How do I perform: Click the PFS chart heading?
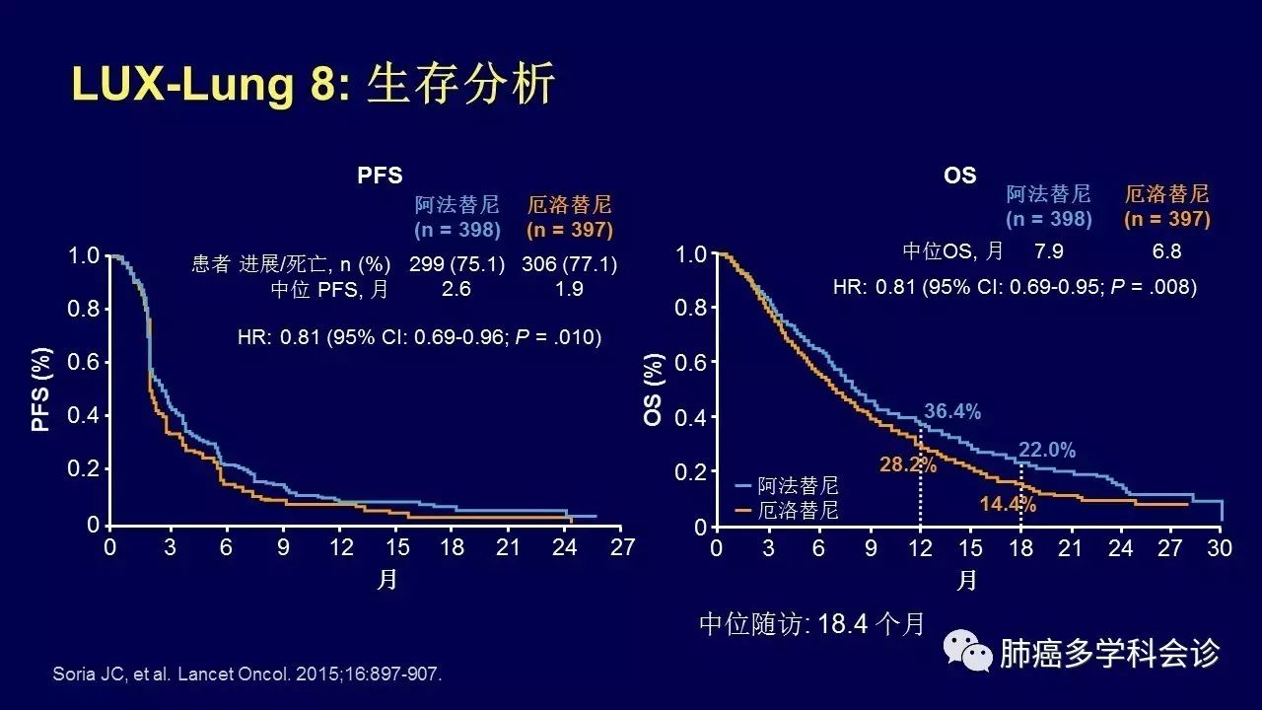(380, 176)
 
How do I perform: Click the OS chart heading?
(959, 176)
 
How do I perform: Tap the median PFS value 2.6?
(456, 289)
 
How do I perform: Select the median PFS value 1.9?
(569, 289)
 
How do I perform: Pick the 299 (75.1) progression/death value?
(456, 263)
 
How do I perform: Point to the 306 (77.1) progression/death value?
(570, 263)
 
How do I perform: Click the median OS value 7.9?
(1049, 250)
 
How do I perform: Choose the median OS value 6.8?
(1166, 250)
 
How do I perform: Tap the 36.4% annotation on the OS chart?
(952, 411)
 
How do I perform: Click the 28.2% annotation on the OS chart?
(908, 464)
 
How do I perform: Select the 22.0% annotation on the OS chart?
(1047, 450)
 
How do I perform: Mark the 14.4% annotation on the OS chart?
(1008, 504)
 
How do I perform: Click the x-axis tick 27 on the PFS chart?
(622, 547)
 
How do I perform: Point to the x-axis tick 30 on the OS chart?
(1220, 547)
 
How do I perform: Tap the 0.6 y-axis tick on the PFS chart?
(84, 362)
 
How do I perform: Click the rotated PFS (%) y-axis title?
(41, 390)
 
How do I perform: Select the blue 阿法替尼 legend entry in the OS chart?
(787, 485)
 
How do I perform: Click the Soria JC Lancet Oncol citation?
(247, 674)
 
